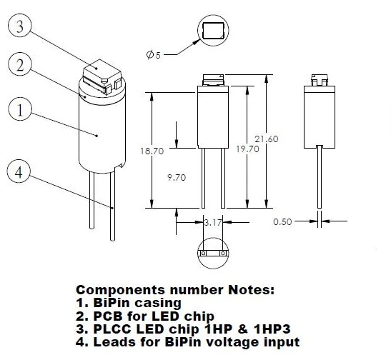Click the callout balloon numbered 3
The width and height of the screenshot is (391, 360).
20,26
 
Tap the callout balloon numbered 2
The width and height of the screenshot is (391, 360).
20,64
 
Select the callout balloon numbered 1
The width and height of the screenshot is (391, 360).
20,109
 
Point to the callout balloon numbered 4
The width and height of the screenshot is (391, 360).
19,171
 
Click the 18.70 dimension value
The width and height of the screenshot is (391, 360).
152,151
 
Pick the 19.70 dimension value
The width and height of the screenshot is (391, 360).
247,149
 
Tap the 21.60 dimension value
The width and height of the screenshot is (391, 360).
267,139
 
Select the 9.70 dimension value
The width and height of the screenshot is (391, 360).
177,178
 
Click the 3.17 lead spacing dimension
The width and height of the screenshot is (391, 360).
213,222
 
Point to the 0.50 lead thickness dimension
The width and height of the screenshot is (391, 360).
282,221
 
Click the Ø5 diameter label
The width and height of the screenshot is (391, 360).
153,54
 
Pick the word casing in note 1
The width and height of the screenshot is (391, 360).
158,303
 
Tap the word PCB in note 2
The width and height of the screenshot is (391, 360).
108,316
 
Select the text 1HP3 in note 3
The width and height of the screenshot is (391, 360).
272,329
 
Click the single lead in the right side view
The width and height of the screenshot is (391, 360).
320,177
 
